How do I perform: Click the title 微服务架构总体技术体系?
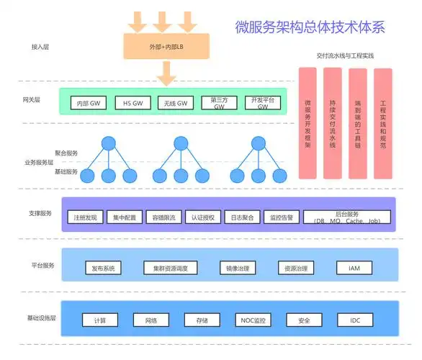tap(310, 28)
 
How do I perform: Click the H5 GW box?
tap(133, 103)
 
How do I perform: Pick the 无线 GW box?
tap(176, 103)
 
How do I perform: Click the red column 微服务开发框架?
tap(308, 123)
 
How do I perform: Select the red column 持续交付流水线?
tap(333, 123)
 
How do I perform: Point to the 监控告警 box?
tap(281, 217)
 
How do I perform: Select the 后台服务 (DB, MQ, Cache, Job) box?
tap(347, 217)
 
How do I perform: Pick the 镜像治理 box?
tap(238, 268)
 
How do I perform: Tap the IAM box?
tap(354, 268)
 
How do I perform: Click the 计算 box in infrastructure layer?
tap(100, 320)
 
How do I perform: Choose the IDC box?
tap(356, 320)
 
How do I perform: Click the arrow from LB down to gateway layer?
tap(166, 72)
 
